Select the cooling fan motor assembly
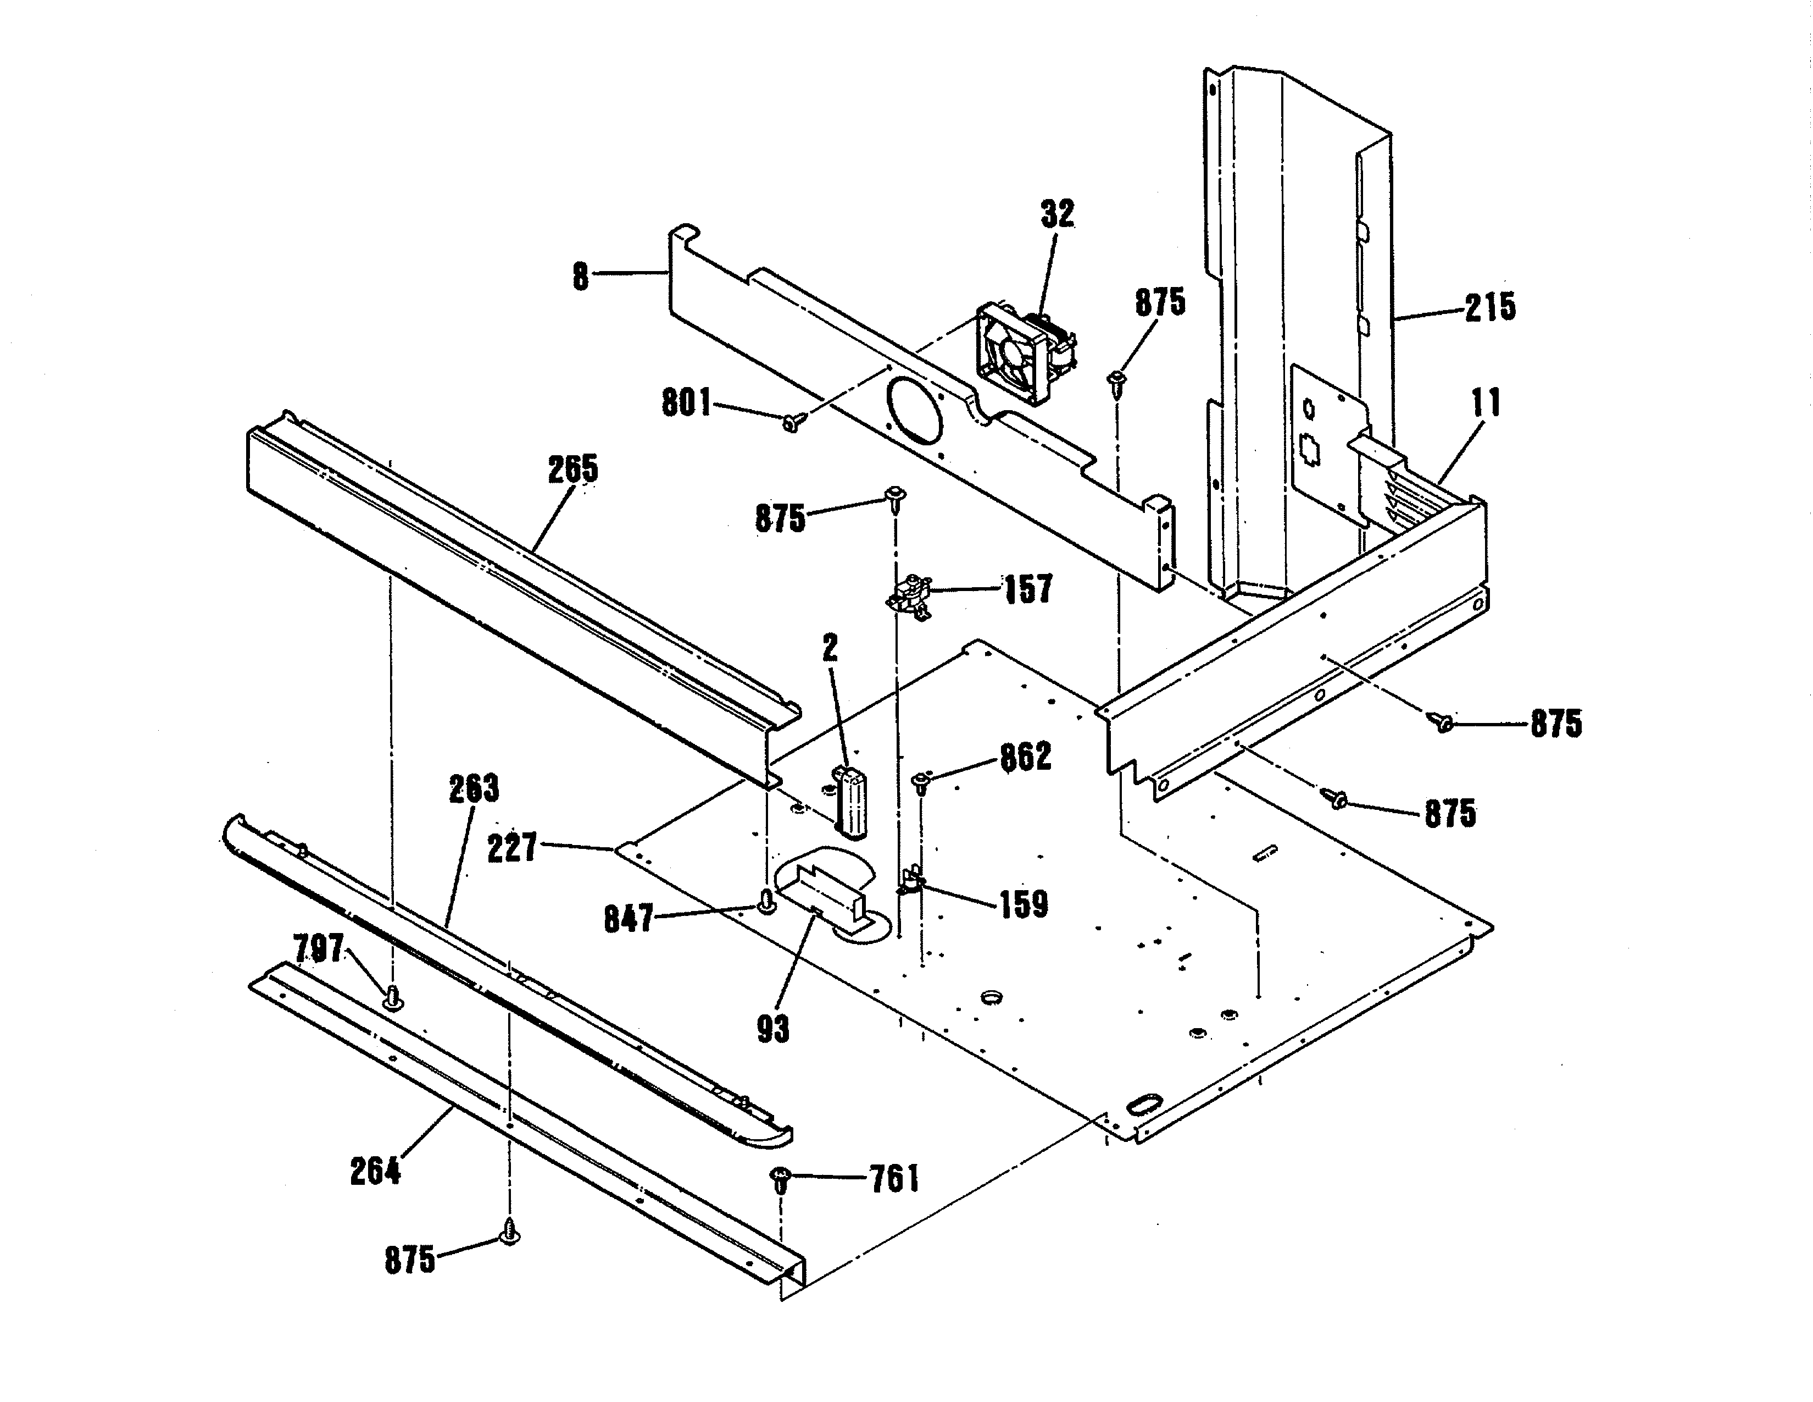click(x=1023, y=352)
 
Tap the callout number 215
click(x=1489, y=308)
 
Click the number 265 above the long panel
click(x=573, y=470)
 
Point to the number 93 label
click(x=773, y=1029)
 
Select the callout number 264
click(x=375, y=1172)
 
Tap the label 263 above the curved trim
click(x=474, y=789)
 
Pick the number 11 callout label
click(x=1486, y=404)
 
